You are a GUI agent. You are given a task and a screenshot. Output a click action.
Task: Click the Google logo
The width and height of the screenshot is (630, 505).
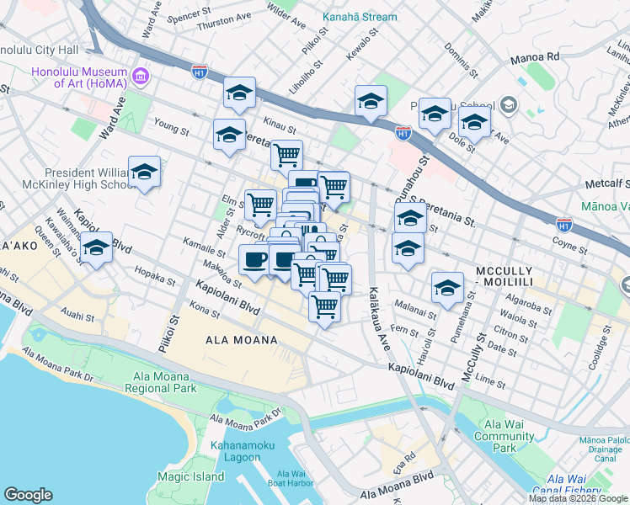[29, 495]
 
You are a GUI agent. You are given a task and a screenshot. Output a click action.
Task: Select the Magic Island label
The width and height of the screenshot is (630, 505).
[190, 476]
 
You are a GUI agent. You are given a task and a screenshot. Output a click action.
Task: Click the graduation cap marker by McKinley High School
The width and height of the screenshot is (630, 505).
[145, 173]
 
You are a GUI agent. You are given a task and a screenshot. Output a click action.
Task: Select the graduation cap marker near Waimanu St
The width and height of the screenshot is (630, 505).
[97, 248]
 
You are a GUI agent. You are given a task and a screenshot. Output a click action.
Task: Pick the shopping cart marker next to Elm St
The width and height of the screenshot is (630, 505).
[260, 204]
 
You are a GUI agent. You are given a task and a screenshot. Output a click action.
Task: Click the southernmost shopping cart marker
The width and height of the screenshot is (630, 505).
[324, 306]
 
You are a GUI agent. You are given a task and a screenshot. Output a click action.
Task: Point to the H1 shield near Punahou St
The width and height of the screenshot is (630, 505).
[403, 133]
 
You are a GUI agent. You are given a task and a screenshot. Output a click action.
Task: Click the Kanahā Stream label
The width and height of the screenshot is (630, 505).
[356, 16]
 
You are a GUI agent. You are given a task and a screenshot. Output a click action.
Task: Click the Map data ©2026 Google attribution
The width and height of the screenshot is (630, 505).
[578, 497]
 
